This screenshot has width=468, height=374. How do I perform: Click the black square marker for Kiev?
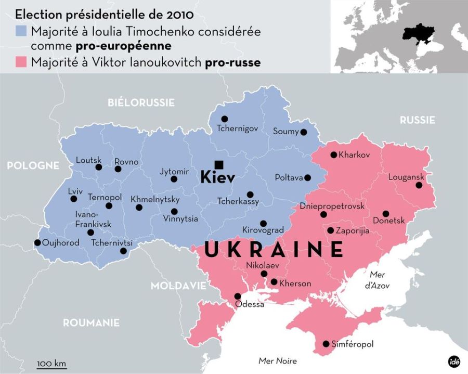[x=219, y=165]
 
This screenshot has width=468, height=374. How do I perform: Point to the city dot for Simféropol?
[x=326, y=344]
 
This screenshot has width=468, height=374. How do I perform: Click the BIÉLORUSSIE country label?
[x=141, y=102]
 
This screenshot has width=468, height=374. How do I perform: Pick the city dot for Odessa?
[x=238, y=295]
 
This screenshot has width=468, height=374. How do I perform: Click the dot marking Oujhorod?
[x=37, y=242]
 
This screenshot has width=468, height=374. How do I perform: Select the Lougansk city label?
[x=406, y=177]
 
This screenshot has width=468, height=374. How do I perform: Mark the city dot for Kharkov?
[x=333, y=155]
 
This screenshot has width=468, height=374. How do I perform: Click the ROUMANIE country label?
[x=91, y=323]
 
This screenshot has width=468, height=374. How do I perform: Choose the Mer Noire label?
[x=278, y=361]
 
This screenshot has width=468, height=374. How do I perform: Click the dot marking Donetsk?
[x=386, y=213]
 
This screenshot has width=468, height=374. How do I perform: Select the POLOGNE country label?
[x=33, y=165]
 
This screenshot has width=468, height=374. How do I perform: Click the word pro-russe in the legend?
[x=232, y=62]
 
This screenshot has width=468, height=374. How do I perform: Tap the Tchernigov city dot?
[x=225, y=119]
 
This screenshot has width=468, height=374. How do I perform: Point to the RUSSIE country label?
[x=417, y=120]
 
